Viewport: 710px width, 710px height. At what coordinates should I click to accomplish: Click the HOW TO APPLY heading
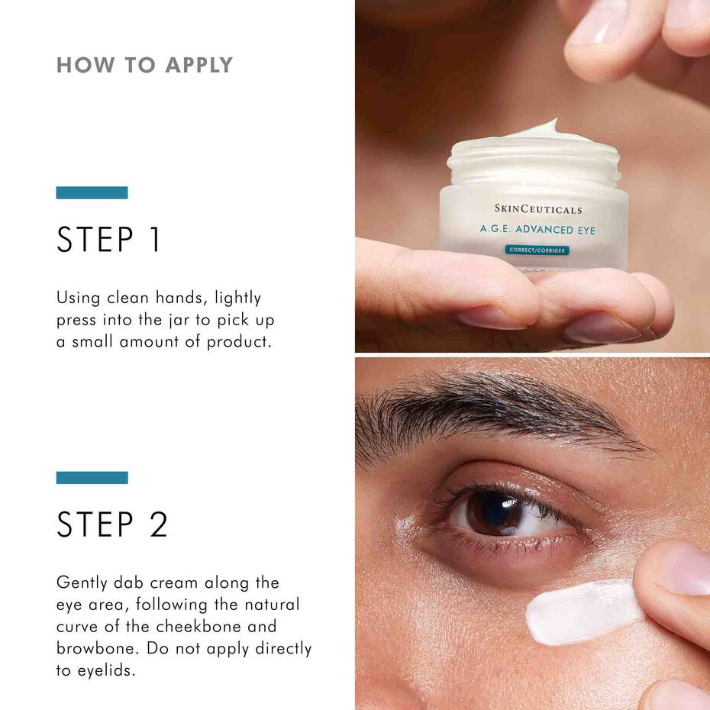pos(144,65)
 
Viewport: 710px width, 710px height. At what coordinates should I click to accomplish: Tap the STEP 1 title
pos(109,240)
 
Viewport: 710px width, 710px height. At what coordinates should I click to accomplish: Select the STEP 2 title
pos(112,524)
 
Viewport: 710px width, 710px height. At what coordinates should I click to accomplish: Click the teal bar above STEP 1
pos(92,192)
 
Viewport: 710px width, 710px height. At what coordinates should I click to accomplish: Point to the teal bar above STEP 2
pos(92,477)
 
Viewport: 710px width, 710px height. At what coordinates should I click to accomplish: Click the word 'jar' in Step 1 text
pos(178,319)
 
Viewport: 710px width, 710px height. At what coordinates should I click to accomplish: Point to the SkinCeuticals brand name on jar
pos(537,208)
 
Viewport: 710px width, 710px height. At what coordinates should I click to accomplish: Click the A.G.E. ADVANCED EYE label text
pos(537,229)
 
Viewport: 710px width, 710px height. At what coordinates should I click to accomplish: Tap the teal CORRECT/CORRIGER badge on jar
pos(537,250)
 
